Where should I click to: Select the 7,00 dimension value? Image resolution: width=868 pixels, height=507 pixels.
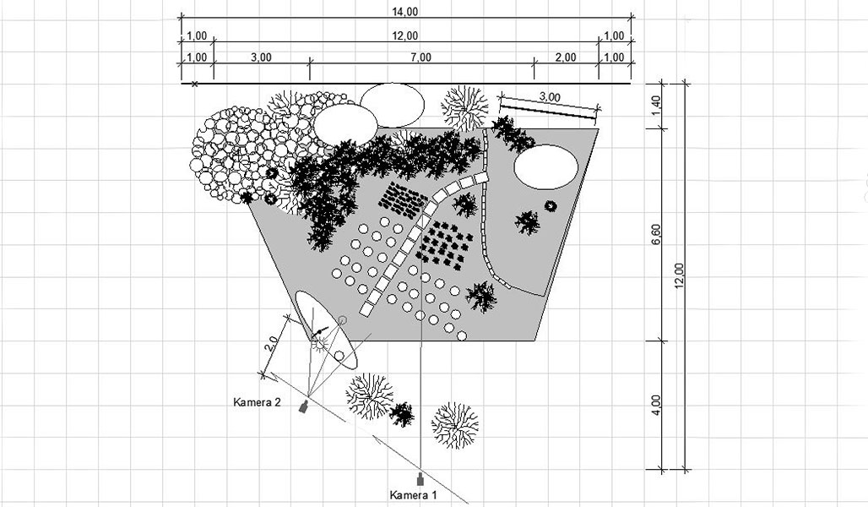[420, 57]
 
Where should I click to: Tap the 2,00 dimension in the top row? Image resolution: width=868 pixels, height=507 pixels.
[566, 57]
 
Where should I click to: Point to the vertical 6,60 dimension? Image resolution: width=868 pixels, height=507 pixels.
[656, 234]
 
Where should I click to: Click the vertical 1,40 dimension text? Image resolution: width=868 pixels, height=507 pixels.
[656, 106]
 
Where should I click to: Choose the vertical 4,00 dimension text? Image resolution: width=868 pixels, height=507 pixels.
[656, 405]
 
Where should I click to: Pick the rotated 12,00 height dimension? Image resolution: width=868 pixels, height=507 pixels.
[681, 275]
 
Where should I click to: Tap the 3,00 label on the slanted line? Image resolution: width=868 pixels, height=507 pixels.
[549, 97]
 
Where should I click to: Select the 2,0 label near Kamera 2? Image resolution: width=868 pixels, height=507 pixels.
[273, 345]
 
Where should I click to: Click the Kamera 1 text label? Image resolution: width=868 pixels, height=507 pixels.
[414, 494]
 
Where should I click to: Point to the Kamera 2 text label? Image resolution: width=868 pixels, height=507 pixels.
[257, 402]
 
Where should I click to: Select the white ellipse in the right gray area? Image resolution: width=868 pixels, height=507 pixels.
[547, 166]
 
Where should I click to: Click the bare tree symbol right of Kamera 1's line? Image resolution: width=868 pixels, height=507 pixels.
[454, 425]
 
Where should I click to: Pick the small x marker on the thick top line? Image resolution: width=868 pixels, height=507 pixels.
[195, 84]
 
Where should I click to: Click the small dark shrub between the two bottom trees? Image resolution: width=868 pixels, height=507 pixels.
[402, 414]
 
